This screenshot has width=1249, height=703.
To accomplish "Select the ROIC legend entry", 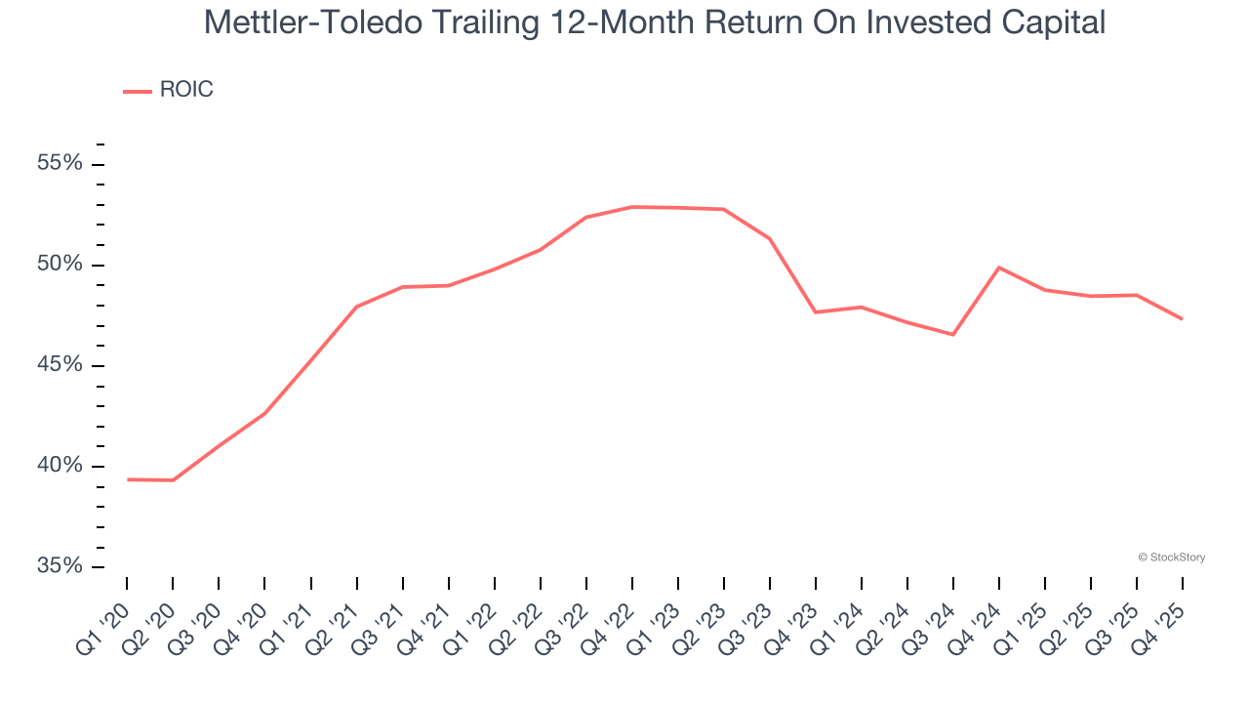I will click(x=168, y=91).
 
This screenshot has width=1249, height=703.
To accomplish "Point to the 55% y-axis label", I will click(x=60, y=163).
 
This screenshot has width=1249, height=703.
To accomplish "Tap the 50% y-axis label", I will click(x=60, y=265).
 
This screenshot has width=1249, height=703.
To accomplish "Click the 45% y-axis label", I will click(x=60, y=365).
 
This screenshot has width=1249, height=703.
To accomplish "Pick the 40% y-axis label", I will click(x=60, y=466).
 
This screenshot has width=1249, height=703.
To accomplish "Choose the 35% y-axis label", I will click(x=60, y=566).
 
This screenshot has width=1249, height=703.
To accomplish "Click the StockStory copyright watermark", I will click(x=1171, y=558).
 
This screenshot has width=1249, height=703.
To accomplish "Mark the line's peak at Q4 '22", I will click(x=632, y=207).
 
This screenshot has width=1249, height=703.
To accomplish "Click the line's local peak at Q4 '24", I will click(x=999, y=268).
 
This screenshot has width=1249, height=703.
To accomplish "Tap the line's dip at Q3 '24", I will click(x=953, y=335).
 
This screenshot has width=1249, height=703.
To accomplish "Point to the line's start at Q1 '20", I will click(x=128, y=479).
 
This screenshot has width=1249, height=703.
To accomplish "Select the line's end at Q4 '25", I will click(x=1183, y=319).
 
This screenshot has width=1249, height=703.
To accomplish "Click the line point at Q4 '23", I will click(x=816, y=311).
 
